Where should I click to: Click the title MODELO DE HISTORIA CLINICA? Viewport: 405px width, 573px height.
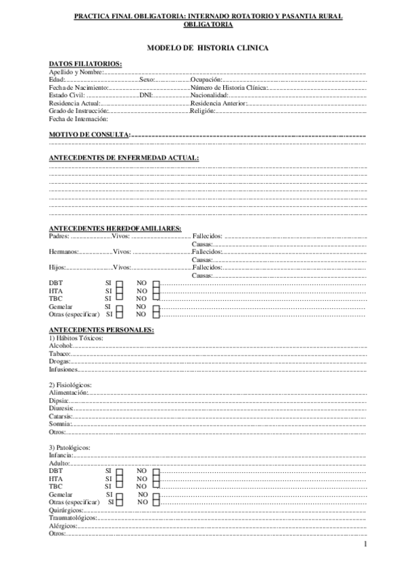[x=208, y=49]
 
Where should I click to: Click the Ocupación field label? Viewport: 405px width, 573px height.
[x=206, y=80]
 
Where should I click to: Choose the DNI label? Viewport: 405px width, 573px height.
[x=146, y=96]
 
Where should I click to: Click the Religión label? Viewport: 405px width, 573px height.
[x=203, y=111]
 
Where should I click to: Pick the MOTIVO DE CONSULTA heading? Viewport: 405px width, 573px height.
[x=89, y=135]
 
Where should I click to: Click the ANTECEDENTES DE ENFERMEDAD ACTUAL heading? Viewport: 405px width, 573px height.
[x=124, y=157]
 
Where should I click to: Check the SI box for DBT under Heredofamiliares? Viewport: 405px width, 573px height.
[x=119, y=284]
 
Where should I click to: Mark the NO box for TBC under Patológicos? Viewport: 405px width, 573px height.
[x=156, y=487]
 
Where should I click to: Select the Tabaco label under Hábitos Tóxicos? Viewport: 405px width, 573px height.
[x=59, y=353]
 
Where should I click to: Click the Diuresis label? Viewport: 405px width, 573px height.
[x=61, y=409]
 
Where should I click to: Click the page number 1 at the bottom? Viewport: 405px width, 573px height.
[x=364, y=545]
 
